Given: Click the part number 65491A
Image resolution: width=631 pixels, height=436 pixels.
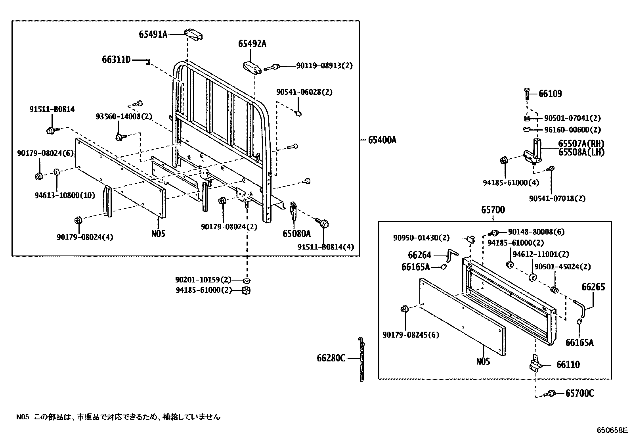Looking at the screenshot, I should point(153,35).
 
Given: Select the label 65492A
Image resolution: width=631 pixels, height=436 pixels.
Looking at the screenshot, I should point(252,44).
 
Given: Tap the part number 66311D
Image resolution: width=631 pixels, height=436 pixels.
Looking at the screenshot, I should point(117,60).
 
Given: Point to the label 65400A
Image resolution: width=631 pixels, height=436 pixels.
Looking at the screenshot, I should point(382,140).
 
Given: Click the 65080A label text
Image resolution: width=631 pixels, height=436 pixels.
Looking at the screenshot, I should point(296,234).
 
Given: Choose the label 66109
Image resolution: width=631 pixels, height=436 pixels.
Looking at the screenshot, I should point(550,94).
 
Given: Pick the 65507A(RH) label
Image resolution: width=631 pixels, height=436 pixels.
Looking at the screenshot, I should point(581,144).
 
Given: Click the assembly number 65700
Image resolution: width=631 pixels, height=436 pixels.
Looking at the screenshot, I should point(493,210).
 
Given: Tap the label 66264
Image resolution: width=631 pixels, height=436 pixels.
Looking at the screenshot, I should point(419,255).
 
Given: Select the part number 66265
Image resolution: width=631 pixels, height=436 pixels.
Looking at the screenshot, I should point(593,287).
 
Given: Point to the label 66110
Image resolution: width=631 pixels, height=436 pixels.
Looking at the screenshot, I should point(568,364).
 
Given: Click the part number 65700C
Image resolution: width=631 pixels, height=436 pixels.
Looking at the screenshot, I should point(579,393).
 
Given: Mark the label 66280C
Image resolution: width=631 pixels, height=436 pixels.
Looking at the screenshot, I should point(331,358).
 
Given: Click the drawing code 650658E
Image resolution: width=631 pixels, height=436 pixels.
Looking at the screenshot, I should point(613,430).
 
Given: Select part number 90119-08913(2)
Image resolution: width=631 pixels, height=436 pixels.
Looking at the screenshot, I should point(324,66).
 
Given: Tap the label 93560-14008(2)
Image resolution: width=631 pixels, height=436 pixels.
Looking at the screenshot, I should point(124,117).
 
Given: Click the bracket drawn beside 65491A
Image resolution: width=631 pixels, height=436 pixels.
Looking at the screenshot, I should point(194,34).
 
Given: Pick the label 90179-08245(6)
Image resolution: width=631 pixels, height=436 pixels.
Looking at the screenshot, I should point(411,335).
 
